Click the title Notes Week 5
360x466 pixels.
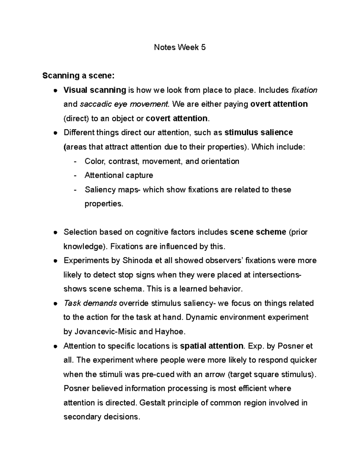[180, 47]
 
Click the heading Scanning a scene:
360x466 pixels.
[78, 76]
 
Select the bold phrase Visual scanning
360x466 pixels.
[94, 90]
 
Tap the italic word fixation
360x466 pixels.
[304, 90]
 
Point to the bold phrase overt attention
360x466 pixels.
[279, 104]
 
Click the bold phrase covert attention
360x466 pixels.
[176, 118]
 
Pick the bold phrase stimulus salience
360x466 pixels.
[259, 132]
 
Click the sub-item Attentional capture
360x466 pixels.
[119, 175]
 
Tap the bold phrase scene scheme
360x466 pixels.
[258, 232]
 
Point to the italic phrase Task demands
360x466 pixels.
[90, 303]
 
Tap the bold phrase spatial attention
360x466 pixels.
[211, 346]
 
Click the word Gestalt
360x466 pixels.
[153, 403]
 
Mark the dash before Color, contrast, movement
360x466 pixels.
[75, 161]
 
